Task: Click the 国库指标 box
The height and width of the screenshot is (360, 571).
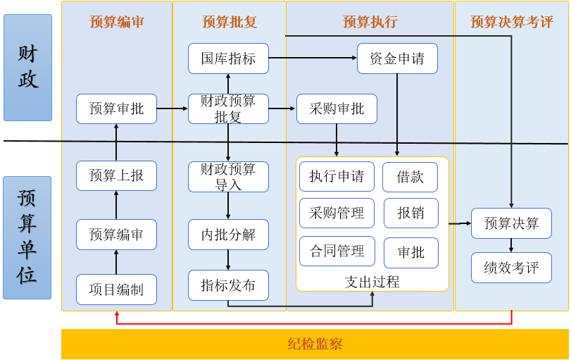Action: point(228,58)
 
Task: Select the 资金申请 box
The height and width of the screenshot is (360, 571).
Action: point(397,58)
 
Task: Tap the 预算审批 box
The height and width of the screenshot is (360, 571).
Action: point(117,108)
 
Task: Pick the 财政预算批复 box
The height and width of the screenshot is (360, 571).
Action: point(228,108)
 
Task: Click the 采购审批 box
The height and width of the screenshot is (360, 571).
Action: point(337,108)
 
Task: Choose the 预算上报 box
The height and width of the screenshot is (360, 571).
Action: point(117,175)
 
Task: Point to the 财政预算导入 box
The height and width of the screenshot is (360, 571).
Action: point(228,177)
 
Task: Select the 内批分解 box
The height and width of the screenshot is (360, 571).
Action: point(228,235)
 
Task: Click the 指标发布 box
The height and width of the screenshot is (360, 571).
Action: point(228,285)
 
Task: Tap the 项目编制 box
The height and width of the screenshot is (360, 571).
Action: point(117,290)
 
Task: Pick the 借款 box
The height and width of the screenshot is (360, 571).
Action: point(410,177)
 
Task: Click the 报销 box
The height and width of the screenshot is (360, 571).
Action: point(411,213)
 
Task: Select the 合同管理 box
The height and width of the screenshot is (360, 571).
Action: point(337,251)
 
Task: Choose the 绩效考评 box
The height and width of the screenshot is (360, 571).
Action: point(511,268)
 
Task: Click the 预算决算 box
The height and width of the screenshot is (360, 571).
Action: point(511,223)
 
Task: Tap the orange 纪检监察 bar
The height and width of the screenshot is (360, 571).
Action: point(315,344)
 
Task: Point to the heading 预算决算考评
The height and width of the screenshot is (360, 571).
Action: point(512,22)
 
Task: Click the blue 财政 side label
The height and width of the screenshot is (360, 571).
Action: point(27,68)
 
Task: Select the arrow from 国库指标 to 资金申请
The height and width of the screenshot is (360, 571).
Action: point(313,58)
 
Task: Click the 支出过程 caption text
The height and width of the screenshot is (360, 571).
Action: point(372,282)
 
